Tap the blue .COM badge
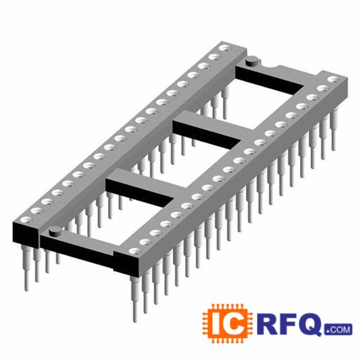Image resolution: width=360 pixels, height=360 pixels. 338,330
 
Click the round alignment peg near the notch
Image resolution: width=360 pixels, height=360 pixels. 251,61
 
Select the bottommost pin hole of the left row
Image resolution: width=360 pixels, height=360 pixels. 26,220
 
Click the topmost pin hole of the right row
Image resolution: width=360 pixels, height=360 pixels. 334,79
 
